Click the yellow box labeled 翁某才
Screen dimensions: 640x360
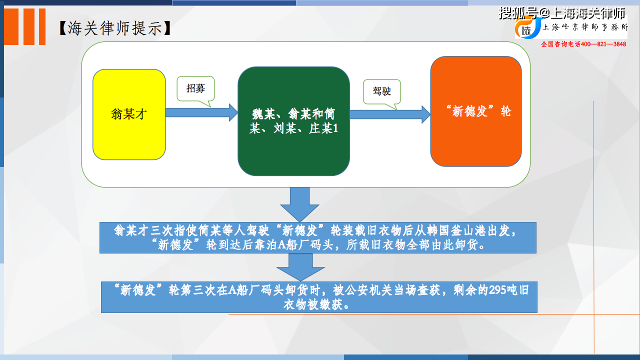point(129,114)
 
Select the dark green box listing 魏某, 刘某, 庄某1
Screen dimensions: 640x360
point(293,121)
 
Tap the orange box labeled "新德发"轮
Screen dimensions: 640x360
point(476,111)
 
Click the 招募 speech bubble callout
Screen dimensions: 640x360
point(195,89)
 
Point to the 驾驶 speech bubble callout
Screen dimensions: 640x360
point(382,92)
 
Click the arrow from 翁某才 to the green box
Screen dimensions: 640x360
point(201,112)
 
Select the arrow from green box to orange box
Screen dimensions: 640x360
point(390,114)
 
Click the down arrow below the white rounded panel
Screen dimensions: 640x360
point(299,204)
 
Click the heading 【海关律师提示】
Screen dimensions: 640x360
point(115,28)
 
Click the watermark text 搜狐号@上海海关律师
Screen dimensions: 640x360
point(562,13)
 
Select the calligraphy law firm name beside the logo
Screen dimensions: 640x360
point(585,27)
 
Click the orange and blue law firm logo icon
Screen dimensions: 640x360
point(528,27)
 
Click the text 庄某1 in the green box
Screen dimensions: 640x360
point(323,128)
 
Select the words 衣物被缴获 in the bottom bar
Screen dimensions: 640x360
point(313,304)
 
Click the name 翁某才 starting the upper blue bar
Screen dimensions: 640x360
point(131,230)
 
